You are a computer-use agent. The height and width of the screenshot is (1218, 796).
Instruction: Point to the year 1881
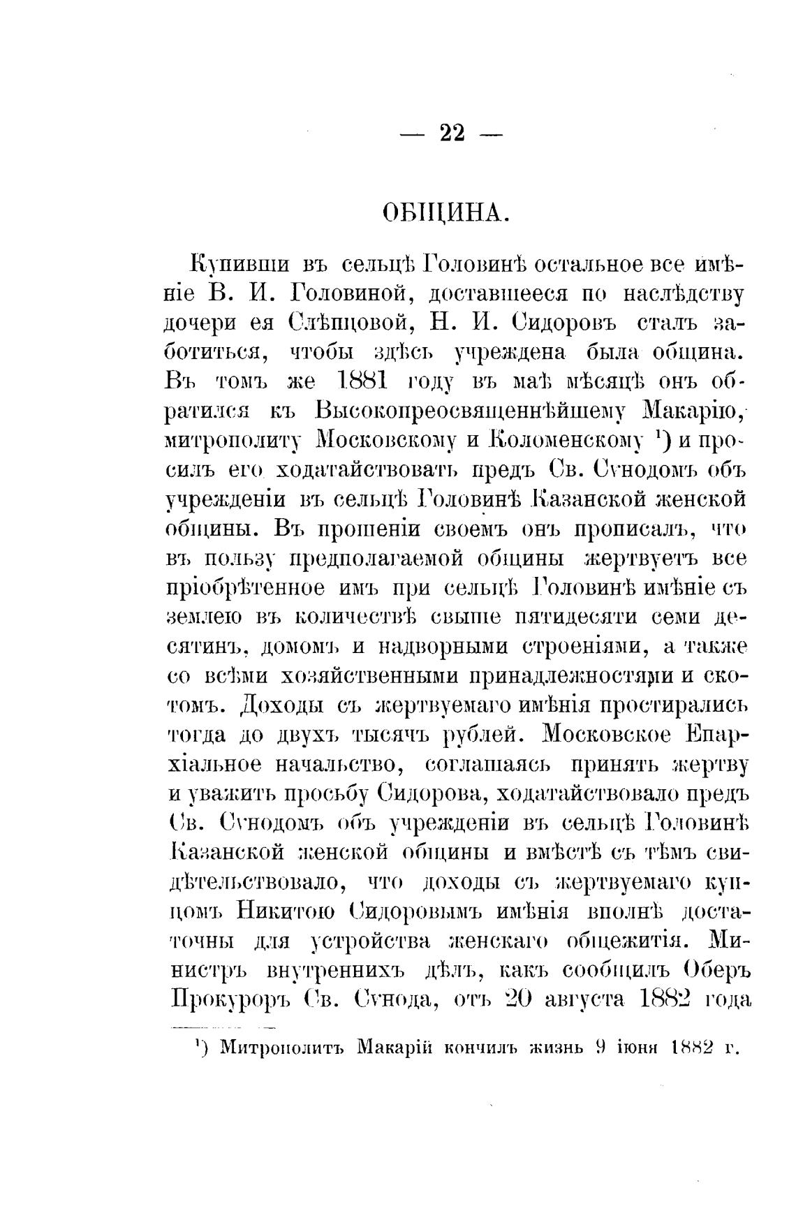click(x=362, y=382)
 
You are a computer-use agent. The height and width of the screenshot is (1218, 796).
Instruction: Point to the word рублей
click(x=480, y=735)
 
